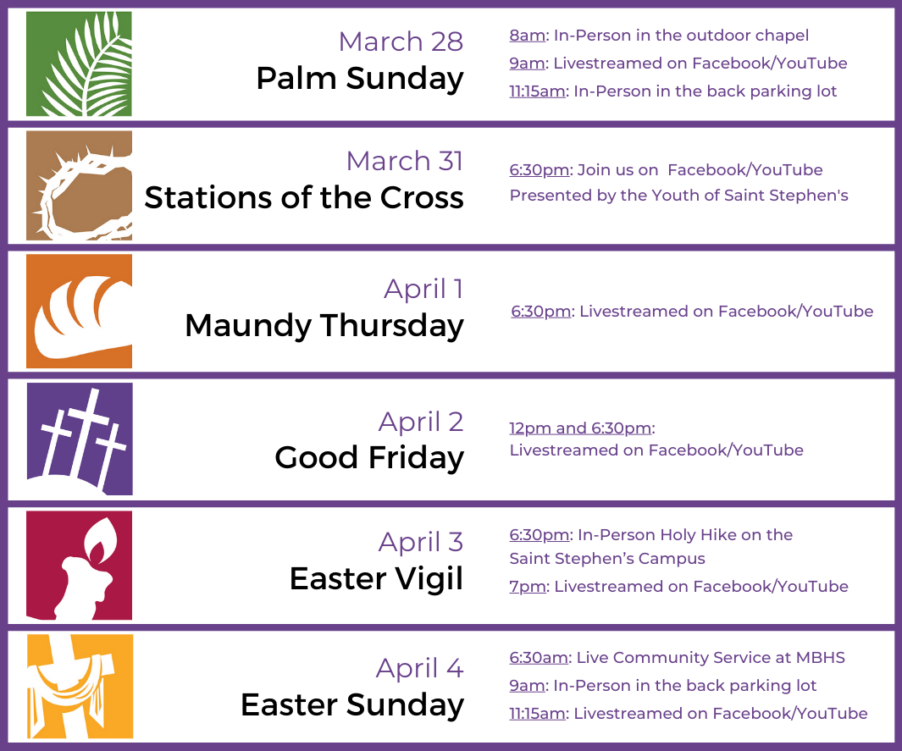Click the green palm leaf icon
(x=79, y=64)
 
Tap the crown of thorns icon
(x=79, y=185)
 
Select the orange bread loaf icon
(x=79, y=311)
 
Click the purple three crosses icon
(x=79, y=439)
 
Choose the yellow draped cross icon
(x=79, y=686)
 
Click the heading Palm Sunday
(x=359, y=79)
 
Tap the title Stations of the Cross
(x=304, y=198)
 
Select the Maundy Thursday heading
(x=324, y=325)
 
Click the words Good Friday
(x=368, y=458)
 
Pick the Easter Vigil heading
(x=376, y=579)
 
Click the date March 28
(x=401, y=41)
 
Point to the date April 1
(x=423, y=289)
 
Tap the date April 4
(x=419, y=668)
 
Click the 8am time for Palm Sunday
(x=527, y=36)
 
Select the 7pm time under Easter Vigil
(x=527, y=587)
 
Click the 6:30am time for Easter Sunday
(x=539, y=658)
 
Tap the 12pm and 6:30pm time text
(x=580, y=428)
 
